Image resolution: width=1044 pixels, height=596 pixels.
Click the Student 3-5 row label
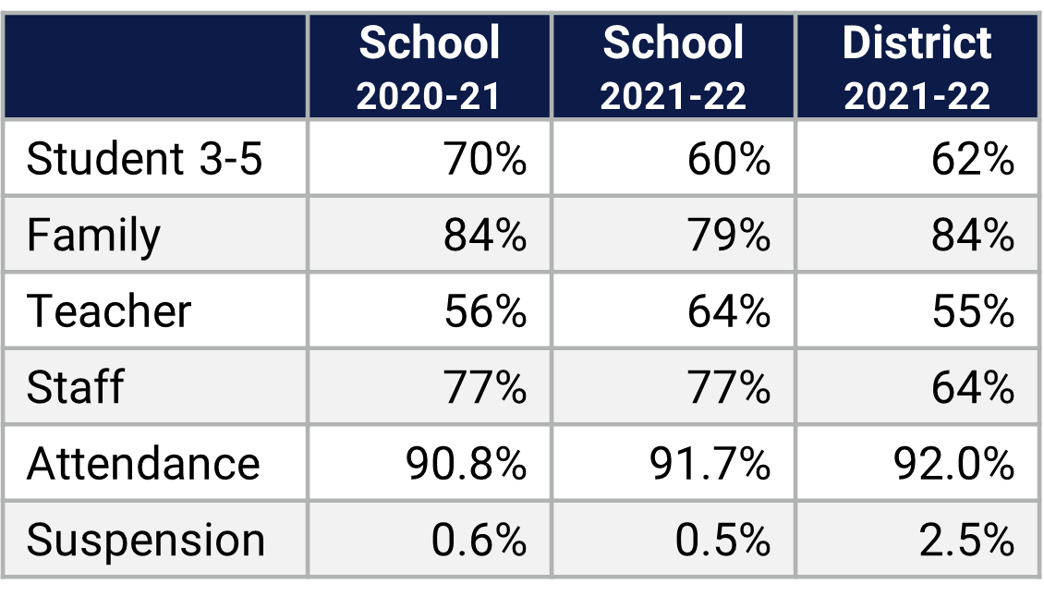coord(145,159)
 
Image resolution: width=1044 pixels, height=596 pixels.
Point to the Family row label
coord(93,235)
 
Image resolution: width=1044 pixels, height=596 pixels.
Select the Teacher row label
coord(109,311)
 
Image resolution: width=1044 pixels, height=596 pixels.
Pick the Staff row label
coord(75,387)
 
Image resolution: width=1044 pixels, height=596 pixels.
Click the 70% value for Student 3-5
coord(484,159)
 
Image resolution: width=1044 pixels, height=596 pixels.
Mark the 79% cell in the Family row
coord(728,235)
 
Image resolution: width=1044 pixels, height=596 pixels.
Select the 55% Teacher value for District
coord(972,311)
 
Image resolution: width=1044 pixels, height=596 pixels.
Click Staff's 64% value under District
coord(972,387)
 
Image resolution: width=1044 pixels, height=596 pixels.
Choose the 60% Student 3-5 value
coord(728,159)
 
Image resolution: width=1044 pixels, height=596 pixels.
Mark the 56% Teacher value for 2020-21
coord(484,311)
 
